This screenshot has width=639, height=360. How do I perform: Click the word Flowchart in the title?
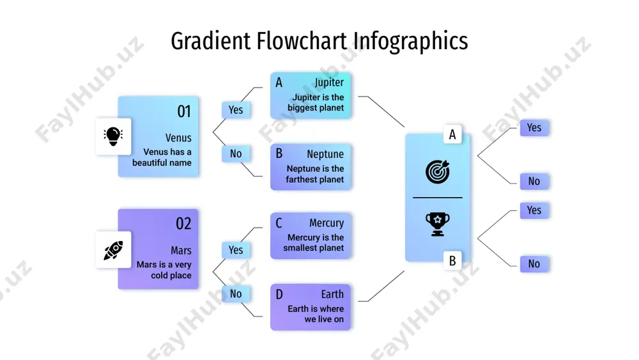click(302, 41)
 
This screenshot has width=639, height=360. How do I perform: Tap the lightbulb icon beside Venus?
click(113, 136)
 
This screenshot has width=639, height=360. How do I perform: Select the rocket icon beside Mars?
click(113, 250)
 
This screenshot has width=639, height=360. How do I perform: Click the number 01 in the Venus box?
click(184, 111)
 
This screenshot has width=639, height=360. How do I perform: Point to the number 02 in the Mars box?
click(183, 223)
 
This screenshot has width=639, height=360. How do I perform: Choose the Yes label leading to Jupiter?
click(236, 110)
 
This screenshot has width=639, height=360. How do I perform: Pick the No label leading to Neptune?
click(236, 153)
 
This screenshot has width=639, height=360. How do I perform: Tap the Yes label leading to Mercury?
click(236, 250)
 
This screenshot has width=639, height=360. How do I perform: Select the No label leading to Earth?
click(236, 293)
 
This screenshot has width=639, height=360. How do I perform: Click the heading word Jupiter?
click(329, 82)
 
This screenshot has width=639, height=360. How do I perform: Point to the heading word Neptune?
click(325, 154)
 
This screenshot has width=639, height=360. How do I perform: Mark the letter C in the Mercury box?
click(279, 223)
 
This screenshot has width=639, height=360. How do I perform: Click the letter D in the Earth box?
click(279, 294)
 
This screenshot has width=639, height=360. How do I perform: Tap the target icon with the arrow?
click(438, 171)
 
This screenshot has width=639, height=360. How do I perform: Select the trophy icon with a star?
click(438, 224)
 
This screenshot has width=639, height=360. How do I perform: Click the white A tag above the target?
click(452, 134)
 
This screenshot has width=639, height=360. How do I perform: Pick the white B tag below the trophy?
click(452, 260)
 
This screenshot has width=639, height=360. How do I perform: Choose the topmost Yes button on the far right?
click(534, 128)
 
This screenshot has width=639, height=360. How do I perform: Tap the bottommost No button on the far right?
click(534, 264)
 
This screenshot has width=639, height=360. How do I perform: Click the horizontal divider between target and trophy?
click(438, 198)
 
